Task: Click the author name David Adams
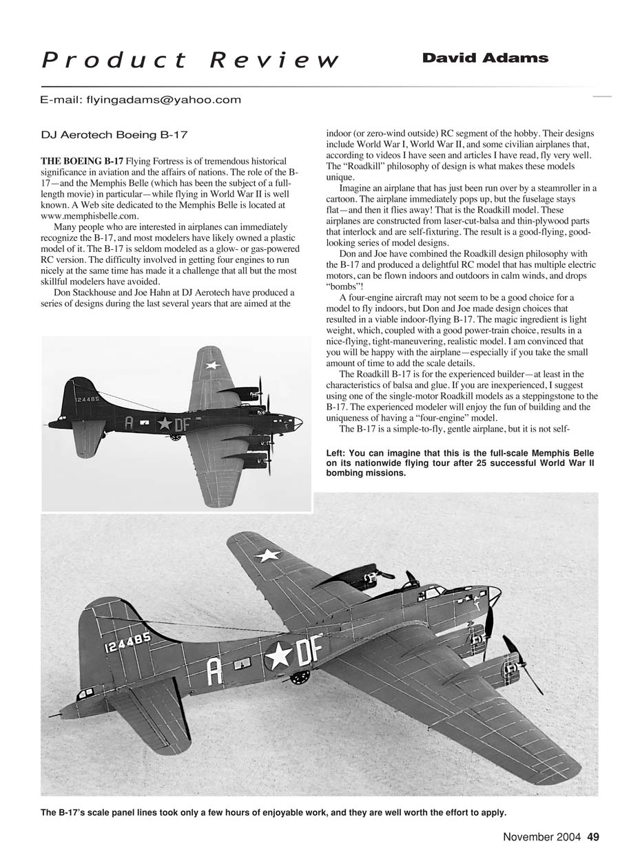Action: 485,59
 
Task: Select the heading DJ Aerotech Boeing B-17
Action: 114,136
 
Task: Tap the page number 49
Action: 593,837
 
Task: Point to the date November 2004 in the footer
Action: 543,837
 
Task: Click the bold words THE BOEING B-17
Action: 83,161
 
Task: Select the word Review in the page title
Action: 273,61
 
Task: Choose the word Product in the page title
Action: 115,61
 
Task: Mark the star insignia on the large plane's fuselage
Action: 279,655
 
